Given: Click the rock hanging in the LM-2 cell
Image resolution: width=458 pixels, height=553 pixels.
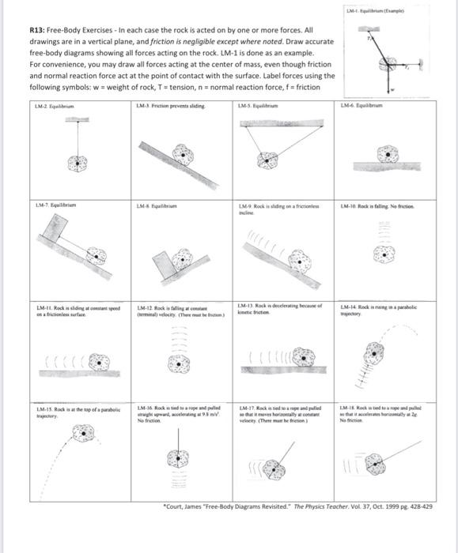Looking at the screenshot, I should coord(77,163).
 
